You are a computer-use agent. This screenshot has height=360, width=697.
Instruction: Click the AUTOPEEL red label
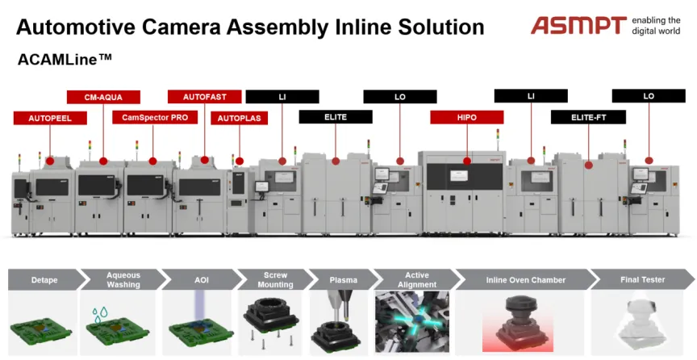50,118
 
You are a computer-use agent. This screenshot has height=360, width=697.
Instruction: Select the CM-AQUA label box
103,97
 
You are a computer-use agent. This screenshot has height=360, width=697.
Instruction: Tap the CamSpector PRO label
155,118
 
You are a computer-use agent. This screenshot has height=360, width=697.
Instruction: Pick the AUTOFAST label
204,97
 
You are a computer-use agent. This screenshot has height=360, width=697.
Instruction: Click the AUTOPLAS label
239,118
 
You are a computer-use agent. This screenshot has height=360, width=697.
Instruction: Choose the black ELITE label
336,117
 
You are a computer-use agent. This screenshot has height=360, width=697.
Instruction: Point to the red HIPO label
467,118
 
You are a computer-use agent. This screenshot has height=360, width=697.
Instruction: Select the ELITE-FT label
589,118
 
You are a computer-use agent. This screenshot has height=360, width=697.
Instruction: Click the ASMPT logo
578,25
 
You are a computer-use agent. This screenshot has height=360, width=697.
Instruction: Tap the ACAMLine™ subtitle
65,59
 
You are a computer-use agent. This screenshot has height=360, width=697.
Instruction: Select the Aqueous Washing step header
123,280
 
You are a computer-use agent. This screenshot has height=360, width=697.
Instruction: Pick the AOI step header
202,280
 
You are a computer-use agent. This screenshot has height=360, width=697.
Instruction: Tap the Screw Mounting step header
276,280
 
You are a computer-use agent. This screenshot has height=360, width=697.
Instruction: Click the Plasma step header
343,280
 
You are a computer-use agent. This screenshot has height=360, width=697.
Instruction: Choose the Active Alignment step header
417,280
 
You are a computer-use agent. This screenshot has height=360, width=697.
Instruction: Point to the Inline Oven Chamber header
525,280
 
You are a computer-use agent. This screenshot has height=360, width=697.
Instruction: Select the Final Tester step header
642,280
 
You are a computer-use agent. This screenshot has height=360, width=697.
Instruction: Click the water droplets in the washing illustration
100,312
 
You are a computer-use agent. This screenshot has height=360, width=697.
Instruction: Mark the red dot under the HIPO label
467,161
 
